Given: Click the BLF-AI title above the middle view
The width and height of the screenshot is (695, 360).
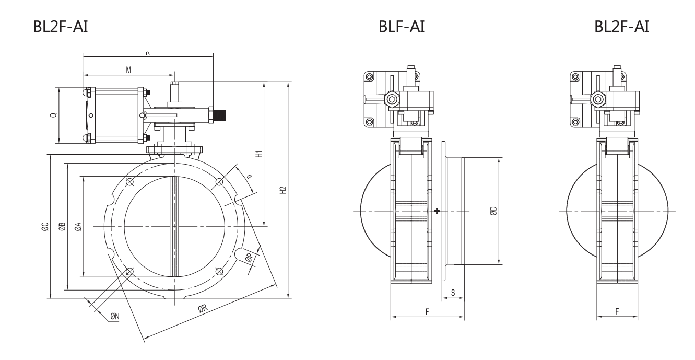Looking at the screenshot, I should coord(402,27).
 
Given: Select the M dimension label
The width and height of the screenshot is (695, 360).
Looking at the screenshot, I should coord(128,69).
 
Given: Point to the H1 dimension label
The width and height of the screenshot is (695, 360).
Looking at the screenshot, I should coord(257,155).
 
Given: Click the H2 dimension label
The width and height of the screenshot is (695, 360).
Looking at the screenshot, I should coord(283,191).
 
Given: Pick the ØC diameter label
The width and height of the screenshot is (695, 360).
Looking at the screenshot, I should coord(45,226).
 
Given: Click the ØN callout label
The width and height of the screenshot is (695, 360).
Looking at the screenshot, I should coord(115,316).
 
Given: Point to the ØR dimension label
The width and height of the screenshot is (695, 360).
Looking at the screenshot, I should coord(203,309).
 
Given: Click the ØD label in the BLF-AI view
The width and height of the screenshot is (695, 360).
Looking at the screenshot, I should coord(493,211).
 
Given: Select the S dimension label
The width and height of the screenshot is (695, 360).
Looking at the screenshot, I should coord(453,293).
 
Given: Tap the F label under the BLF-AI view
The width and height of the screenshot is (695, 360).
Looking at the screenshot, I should coord(427,311).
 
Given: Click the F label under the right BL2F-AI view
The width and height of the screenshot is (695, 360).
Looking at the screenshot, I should coord(617,311).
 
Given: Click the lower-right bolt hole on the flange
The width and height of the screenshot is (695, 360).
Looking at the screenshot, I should coord(219,271).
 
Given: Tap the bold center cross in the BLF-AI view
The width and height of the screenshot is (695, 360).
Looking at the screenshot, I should coord(437,211).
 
